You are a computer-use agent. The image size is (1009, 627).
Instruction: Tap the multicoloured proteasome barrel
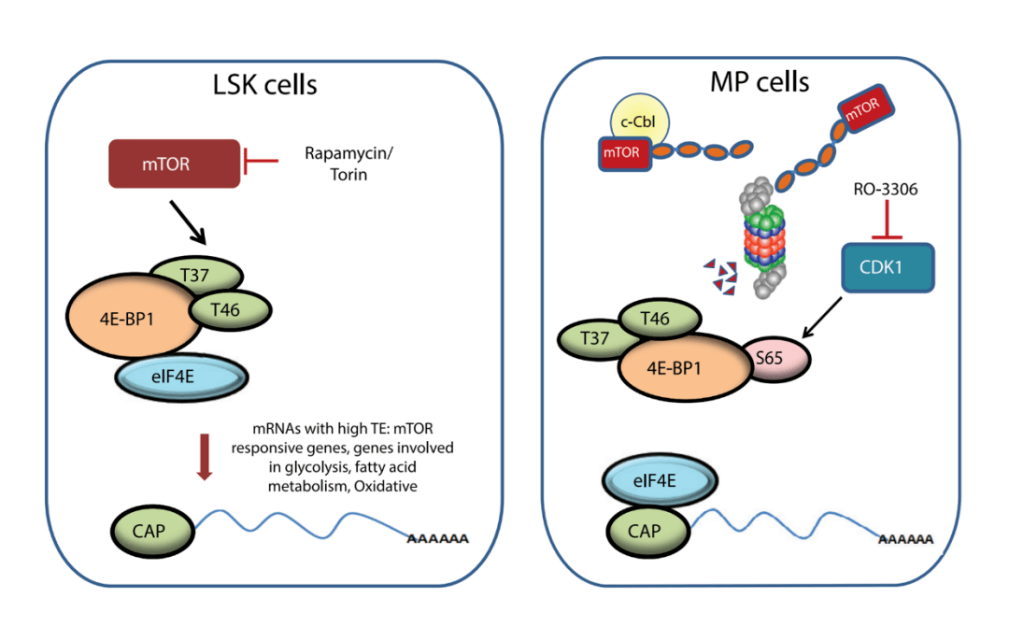[767, 237]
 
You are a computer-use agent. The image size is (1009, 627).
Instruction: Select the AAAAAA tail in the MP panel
[905, 540]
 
